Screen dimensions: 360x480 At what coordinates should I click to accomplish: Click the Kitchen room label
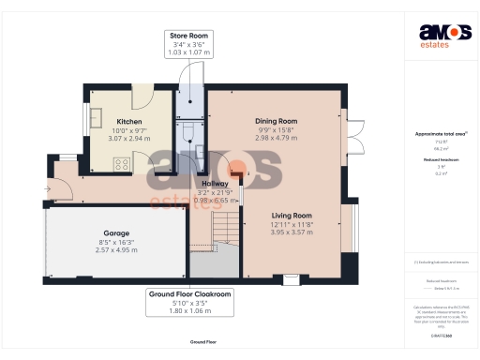[x=128, y=122]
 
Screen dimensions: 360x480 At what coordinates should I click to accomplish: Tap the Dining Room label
[x=276, y=121]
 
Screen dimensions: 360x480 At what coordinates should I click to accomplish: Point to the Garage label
[x=116, y=232]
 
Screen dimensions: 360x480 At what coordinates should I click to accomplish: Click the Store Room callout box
[x=188, y=42]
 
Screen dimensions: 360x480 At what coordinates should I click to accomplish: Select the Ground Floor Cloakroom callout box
[x=190, y=302]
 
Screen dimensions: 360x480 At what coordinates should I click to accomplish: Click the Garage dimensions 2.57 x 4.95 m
[x=116, y=251]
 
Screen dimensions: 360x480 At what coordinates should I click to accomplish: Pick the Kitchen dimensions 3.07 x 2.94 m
[x=128, y=139]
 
